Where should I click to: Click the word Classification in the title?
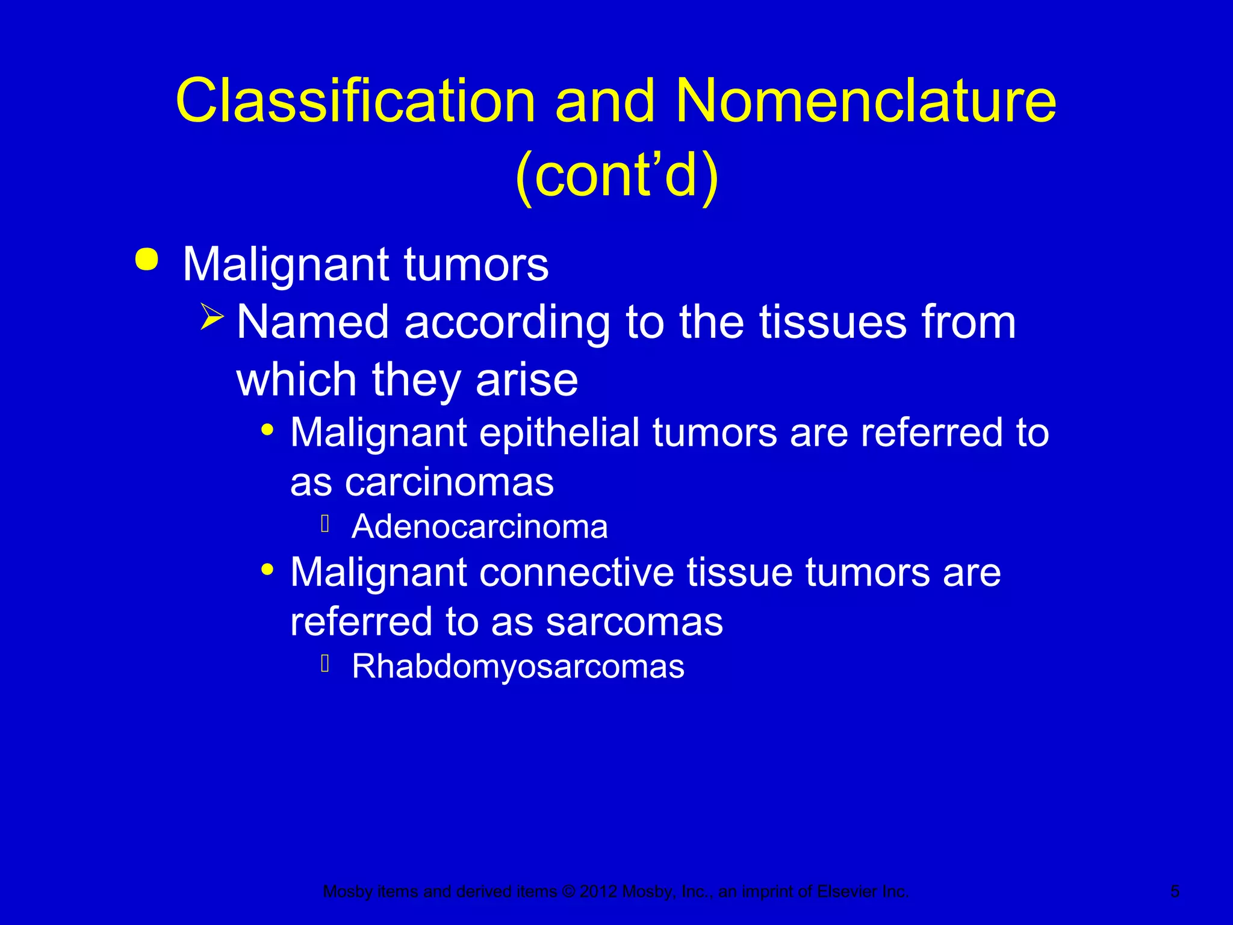355,101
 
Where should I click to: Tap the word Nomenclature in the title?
865,101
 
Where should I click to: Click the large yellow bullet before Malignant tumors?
147,260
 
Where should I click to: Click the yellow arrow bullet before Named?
212,316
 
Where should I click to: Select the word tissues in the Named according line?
833,322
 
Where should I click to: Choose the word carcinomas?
449,482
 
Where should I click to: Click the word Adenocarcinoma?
479,527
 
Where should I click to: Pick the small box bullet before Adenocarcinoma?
325,524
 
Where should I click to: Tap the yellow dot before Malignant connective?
268,569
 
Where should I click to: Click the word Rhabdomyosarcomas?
518,667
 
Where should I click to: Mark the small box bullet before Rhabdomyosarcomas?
325,664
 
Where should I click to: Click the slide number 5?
1175,891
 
